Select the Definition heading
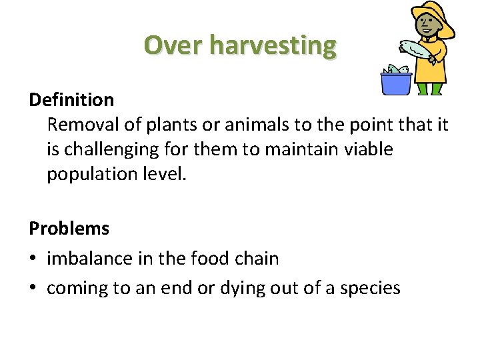(71, 100)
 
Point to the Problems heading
(69, 228)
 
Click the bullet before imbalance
(34, 259)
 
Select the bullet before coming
(34, 288)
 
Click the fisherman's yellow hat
(433, 16)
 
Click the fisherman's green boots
(429, 89)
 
